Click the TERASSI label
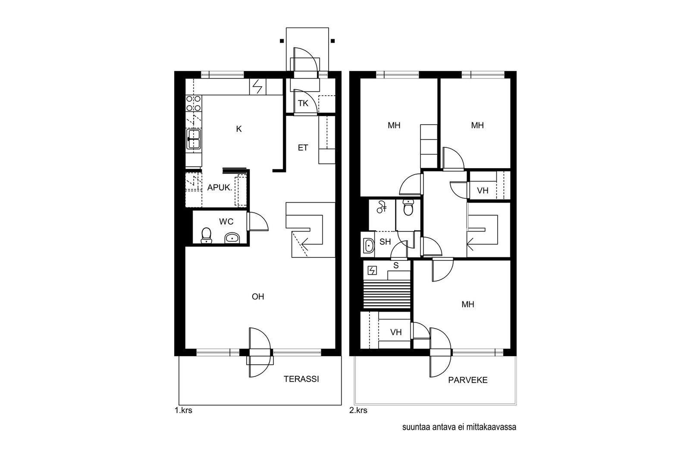301,379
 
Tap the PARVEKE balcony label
467,380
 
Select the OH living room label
258,297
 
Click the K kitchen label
239,129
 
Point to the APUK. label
220,188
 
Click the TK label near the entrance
303,103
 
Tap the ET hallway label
303,148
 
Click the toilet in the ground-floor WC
206,235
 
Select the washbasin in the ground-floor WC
232,238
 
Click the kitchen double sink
194,139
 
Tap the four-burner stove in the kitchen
194,103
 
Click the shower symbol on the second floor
381,207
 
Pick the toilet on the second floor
408,208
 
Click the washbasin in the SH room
368,246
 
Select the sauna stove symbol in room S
373,271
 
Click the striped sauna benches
387,294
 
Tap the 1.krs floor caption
184,410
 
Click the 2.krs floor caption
358,410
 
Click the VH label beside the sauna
396,332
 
